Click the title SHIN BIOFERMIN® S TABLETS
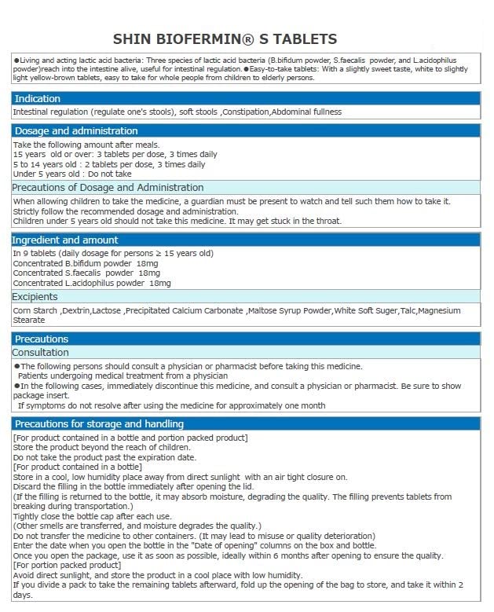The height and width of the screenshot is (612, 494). click(x=225, y=39)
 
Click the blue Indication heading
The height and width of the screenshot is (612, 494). click(x=37, y=98)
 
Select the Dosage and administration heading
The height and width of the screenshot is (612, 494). click(x=75, y=130)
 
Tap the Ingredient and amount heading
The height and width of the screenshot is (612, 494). click(x=66, y=240)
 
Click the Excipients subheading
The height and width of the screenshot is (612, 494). click(x=35, y=296)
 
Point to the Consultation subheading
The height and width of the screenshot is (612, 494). click(x=41, y=353)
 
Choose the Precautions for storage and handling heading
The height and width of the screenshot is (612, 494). click(x=99, y=423)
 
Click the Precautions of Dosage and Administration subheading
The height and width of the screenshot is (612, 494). click(x=108, y=187)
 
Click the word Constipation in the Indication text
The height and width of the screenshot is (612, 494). click(x=246, y=112)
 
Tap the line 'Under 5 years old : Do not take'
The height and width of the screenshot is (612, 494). click(x=72, y=174)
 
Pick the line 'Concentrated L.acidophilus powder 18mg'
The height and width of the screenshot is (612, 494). click(x=91, y=282)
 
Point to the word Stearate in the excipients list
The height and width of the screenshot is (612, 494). click(x=28, y=321)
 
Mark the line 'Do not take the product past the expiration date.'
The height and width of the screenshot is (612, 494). click(x=104, y=457)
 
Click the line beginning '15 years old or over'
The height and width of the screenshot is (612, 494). click(x=115, y=155)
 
